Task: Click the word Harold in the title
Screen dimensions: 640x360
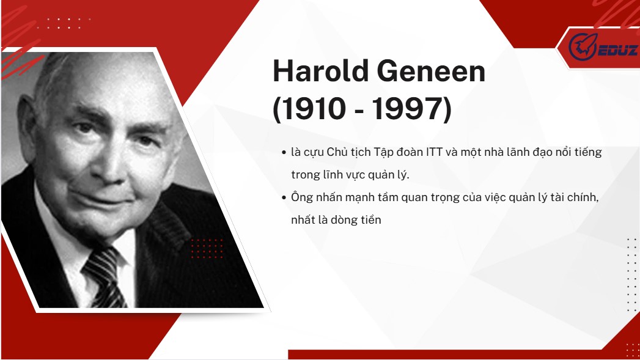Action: click(321, 71)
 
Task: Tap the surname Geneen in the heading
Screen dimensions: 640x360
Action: click(431, 71)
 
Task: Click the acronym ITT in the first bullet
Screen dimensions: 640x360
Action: click(434, 152)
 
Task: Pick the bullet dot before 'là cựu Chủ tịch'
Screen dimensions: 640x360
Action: click(284, 153)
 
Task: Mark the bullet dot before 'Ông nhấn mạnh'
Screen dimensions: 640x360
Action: click(284, 198)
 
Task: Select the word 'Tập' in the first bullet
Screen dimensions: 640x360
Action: click(383, 153)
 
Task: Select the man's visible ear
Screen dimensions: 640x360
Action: click(27, 122)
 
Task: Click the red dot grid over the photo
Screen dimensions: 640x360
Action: click(207, 249)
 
